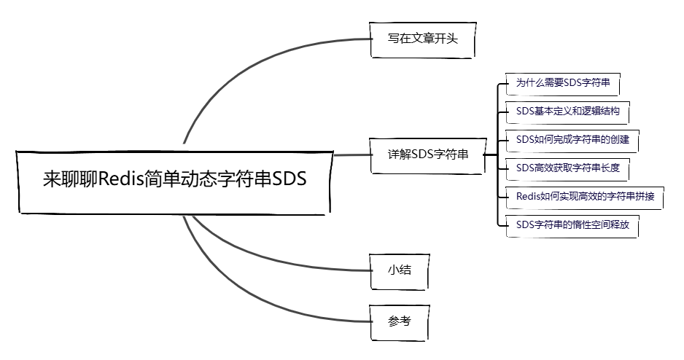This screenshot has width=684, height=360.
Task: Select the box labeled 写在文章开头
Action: click(x=422, y=39)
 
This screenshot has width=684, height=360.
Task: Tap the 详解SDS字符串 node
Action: click(x=428, y=154)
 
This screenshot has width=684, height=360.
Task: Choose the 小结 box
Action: click(x=399, y=270)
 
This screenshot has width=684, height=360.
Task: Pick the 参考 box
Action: click(x=399, y=321)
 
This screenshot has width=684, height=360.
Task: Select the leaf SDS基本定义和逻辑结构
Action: click(x=567, y=111)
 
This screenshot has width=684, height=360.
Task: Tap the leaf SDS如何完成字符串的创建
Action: click(x=572, y=139)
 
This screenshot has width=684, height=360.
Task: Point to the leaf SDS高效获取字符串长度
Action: click(x=567, y=168)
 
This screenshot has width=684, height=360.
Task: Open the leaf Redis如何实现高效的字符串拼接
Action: click(x=584, y=197)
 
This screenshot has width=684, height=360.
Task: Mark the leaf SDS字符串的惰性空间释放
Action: click(x=572, y=224)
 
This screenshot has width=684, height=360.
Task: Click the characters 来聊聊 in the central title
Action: click(x=70, y=179)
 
